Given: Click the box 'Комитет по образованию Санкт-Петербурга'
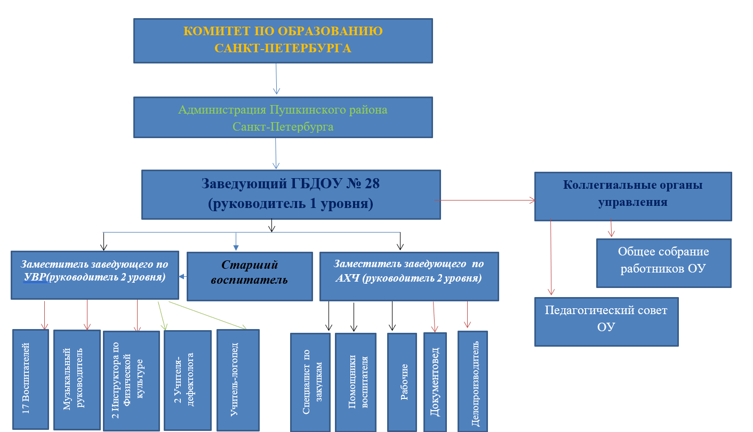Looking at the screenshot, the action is (x=283, y=41).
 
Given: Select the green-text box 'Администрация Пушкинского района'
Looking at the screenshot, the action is (x=283, y=117).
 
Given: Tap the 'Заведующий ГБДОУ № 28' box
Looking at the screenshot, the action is (x=291, y=195).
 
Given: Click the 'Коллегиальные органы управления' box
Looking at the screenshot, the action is (x=633, y=196).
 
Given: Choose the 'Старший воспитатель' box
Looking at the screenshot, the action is (x=250, y=276).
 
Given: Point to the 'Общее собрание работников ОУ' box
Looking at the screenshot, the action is (x=663, y=263).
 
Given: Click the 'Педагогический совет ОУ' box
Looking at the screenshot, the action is (x=606, y=322).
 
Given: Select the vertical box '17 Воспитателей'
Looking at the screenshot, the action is (x=30, y=379).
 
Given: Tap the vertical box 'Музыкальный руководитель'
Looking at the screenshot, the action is (x=77, y=380).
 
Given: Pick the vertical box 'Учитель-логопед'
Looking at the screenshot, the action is (x=238, y=380).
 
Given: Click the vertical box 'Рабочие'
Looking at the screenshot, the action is (x=402, y=382).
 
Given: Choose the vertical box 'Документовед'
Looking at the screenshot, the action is (x=435, y=382).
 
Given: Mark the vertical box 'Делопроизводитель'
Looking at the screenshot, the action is (x=472, y=381).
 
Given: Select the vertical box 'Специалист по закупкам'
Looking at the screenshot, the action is (x=310, y=382).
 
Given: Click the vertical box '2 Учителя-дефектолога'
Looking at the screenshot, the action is (x=188, y=380).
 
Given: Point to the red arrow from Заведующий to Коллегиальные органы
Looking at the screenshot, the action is (x=485, y=201).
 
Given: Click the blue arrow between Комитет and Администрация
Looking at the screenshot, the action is (x=276, y=79).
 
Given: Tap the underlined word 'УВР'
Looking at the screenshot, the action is (x=35, y=277).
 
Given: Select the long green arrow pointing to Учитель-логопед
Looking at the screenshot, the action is (x=207, y=315).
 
